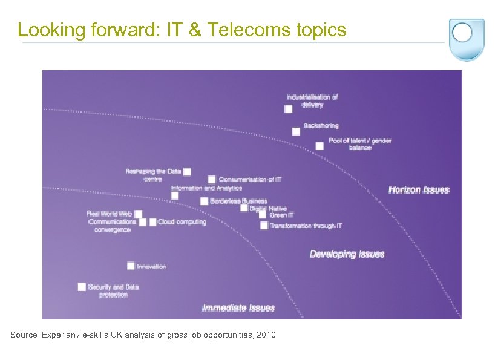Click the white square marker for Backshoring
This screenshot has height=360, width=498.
[296, 131]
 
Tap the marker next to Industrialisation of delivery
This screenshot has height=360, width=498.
[289, 108]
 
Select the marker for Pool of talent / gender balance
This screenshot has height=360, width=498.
[319, 146]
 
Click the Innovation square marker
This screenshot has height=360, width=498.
[131, 266]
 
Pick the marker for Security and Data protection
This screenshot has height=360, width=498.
[82, 287]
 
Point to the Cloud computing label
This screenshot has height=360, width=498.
[182, 222]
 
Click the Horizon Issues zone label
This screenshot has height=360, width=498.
[419, 190]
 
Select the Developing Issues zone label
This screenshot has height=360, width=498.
[347, 254]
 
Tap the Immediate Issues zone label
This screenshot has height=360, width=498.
[238, 308]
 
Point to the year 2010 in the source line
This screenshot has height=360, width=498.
[266, 335]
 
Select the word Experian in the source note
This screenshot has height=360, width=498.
[58, 335]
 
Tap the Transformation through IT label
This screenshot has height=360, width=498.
[306, 226]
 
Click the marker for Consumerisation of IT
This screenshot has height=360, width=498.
[212, 180]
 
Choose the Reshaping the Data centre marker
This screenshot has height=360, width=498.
[187, 172]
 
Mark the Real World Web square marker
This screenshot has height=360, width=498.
[139, 214]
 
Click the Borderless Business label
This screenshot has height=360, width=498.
[238, 201]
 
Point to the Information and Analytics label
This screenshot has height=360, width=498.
[198, 188]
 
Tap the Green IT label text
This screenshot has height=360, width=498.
[282, 215]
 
